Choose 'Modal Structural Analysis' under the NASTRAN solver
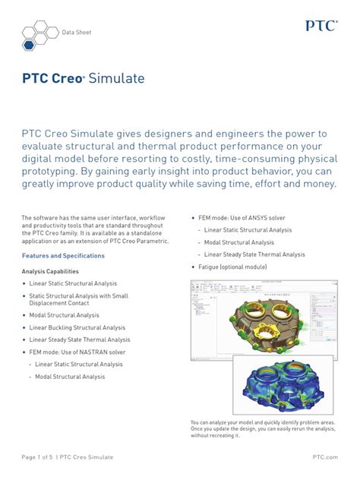70,377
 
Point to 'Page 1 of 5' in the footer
37,456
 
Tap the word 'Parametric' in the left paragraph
150,241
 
